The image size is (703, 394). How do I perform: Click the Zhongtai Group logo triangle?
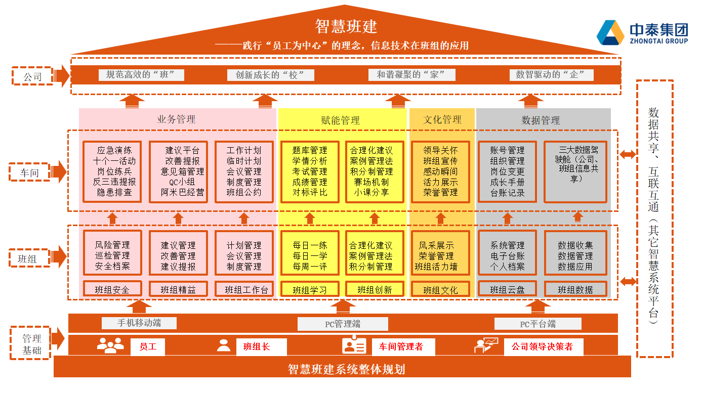[x=610, y=32]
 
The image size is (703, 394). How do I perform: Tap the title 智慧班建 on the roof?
[x=346, y=26]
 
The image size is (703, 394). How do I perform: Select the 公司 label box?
[x=32, y=77]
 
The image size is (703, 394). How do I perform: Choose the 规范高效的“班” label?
[x=141, y=75]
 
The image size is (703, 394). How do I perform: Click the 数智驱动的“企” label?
[x=551, y=75]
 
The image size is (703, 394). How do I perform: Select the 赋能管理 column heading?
[x=341, y=120]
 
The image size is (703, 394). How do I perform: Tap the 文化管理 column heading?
[x=442, y=119]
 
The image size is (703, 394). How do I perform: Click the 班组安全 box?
[x=112, y=290]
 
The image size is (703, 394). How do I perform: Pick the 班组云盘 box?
[x=507, y=290]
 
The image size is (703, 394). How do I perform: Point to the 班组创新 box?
[x=375, y=290]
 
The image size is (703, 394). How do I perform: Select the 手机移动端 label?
[x=139, y=323]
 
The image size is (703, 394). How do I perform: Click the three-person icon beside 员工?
[x=110, y=345]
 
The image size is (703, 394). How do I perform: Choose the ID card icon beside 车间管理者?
[x=354, y=345]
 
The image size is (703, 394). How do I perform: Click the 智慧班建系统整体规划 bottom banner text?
[x=346, y=369]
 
